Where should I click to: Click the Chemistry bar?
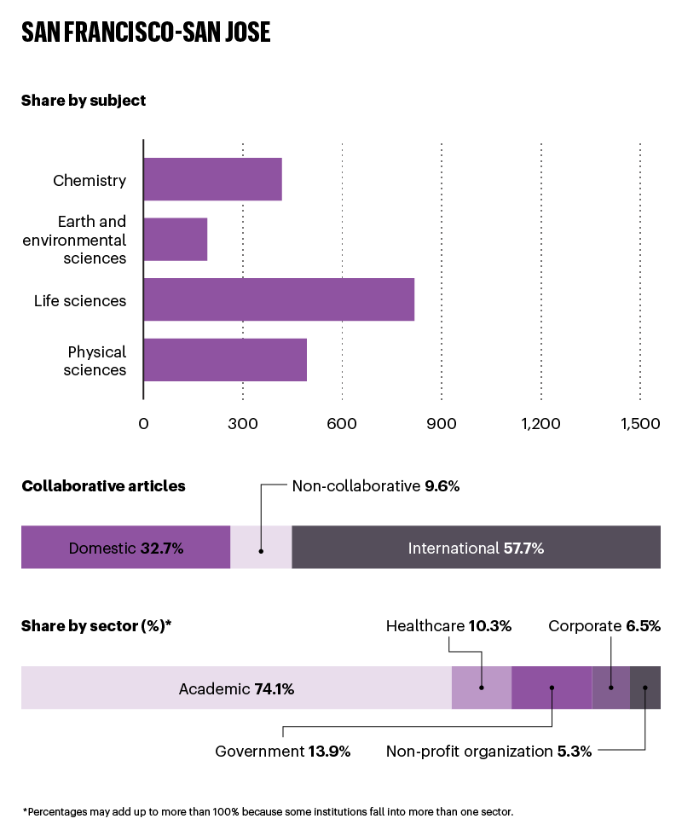coord(212,179)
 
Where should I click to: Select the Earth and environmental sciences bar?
coord(176,240)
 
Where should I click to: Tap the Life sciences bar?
coord(279,299)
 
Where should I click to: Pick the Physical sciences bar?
coord(225,359)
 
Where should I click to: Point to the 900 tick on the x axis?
coord(442,424)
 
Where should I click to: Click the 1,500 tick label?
coord(640,424)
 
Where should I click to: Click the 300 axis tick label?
coord(243,424)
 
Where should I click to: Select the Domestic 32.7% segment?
coord(125,548)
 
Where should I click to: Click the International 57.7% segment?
coord(476,548)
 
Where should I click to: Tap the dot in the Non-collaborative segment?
coord(261,551)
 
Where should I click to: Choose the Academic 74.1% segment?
coord(236,688)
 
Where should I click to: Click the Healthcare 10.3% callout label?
coord(448,626)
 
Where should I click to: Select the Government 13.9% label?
coord(283,752)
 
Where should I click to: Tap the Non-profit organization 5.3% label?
coord(488,752)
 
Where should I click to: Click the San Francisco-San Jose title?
coord(146,32)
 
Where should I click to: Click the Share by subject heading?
coord(84,101)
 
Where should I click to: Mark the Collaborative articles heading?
coord(103,486)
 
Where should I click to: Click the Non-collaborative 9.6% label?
coord(375,486)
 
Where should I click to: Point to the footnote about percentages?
coord(268,811)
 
